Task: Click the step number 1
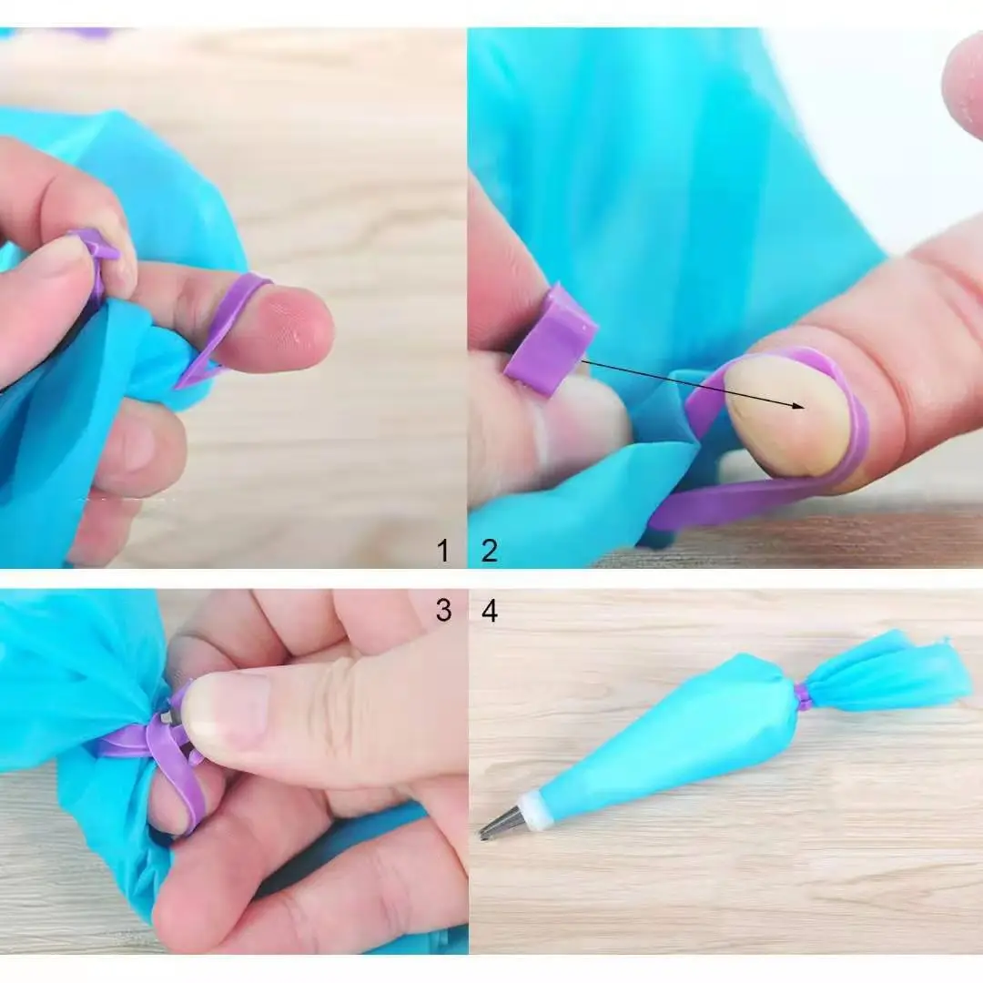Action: pyautogui.click(x=443, y=551)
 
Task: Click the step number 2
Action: pyautogui.click(x=490, y=551)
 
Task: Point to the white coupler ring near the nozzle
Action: pyautogui.click(x=536, y=810)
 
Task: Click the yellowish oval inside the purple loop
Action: pyautogui.click(x=788, y=415)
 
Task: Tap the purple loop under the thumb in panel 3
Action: pyautogui.click(x=177, y=765)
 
